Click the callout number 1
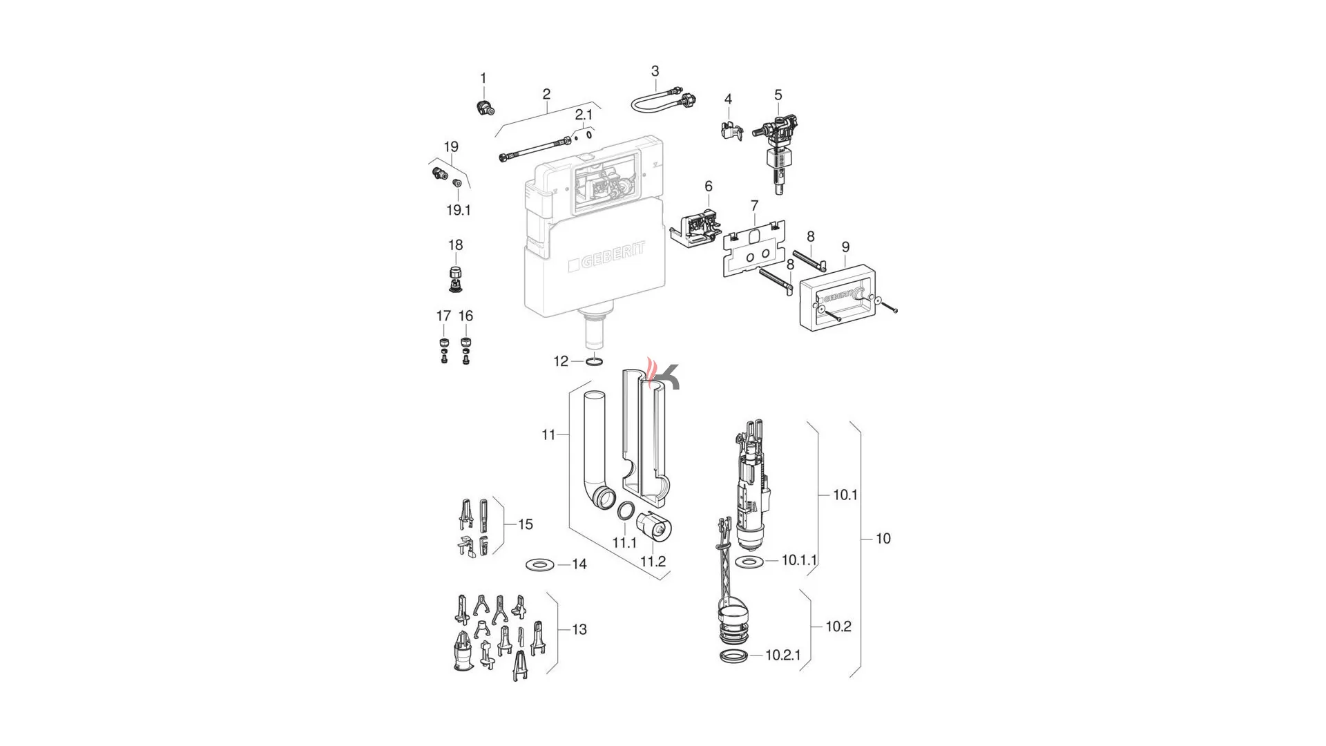coord(483,78)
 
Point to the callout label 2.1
coord(584,115)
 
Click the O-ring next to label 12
coord(595,361)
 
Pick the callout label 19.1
coord(459,210)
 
